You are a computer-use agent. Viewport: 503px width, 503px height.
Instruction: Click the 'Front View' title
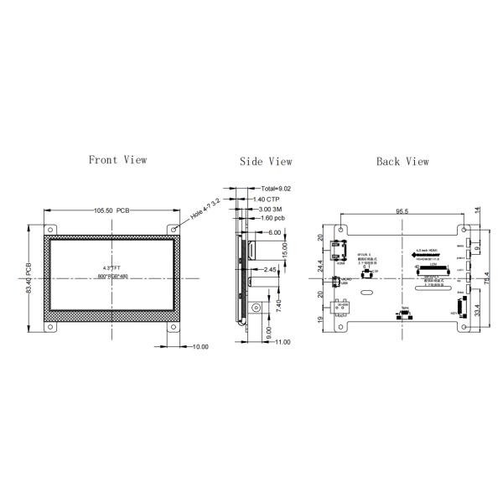coord(117,159)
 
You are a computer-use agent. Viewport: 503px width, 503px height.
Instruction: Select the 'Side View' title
coord(266,162)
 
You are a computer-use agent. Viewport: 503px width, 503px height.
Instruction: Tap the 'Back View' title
coord(402,161)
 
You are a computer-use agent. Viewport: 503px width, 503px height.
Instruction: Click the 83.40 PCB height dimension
coord(30,276)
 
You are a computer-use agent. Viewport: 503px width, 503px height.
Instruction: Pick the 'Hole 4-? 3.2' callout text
coord(205,209)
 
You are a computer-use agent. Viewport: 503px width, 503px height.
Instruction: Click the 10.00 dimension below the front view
coord(200,346)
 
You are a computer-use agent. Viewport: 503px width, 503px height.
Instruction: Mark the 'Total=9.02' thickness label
coord(276,189)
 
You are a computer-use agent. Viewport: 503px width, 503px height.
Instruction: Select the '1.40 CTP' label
coord(267,199)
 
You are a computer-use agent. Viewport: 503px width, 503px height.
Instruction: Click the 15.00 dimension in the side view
coord(285,250)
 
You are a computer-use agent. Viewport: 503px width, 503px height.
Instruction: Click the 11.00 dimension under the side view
coord(282,341)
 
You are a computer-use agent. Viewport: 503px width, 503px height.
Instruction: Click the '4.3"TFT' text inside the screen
coord(111,268)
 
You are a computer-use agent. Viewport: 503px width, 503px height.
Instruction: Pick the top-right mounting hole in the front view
coord(174,229)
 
